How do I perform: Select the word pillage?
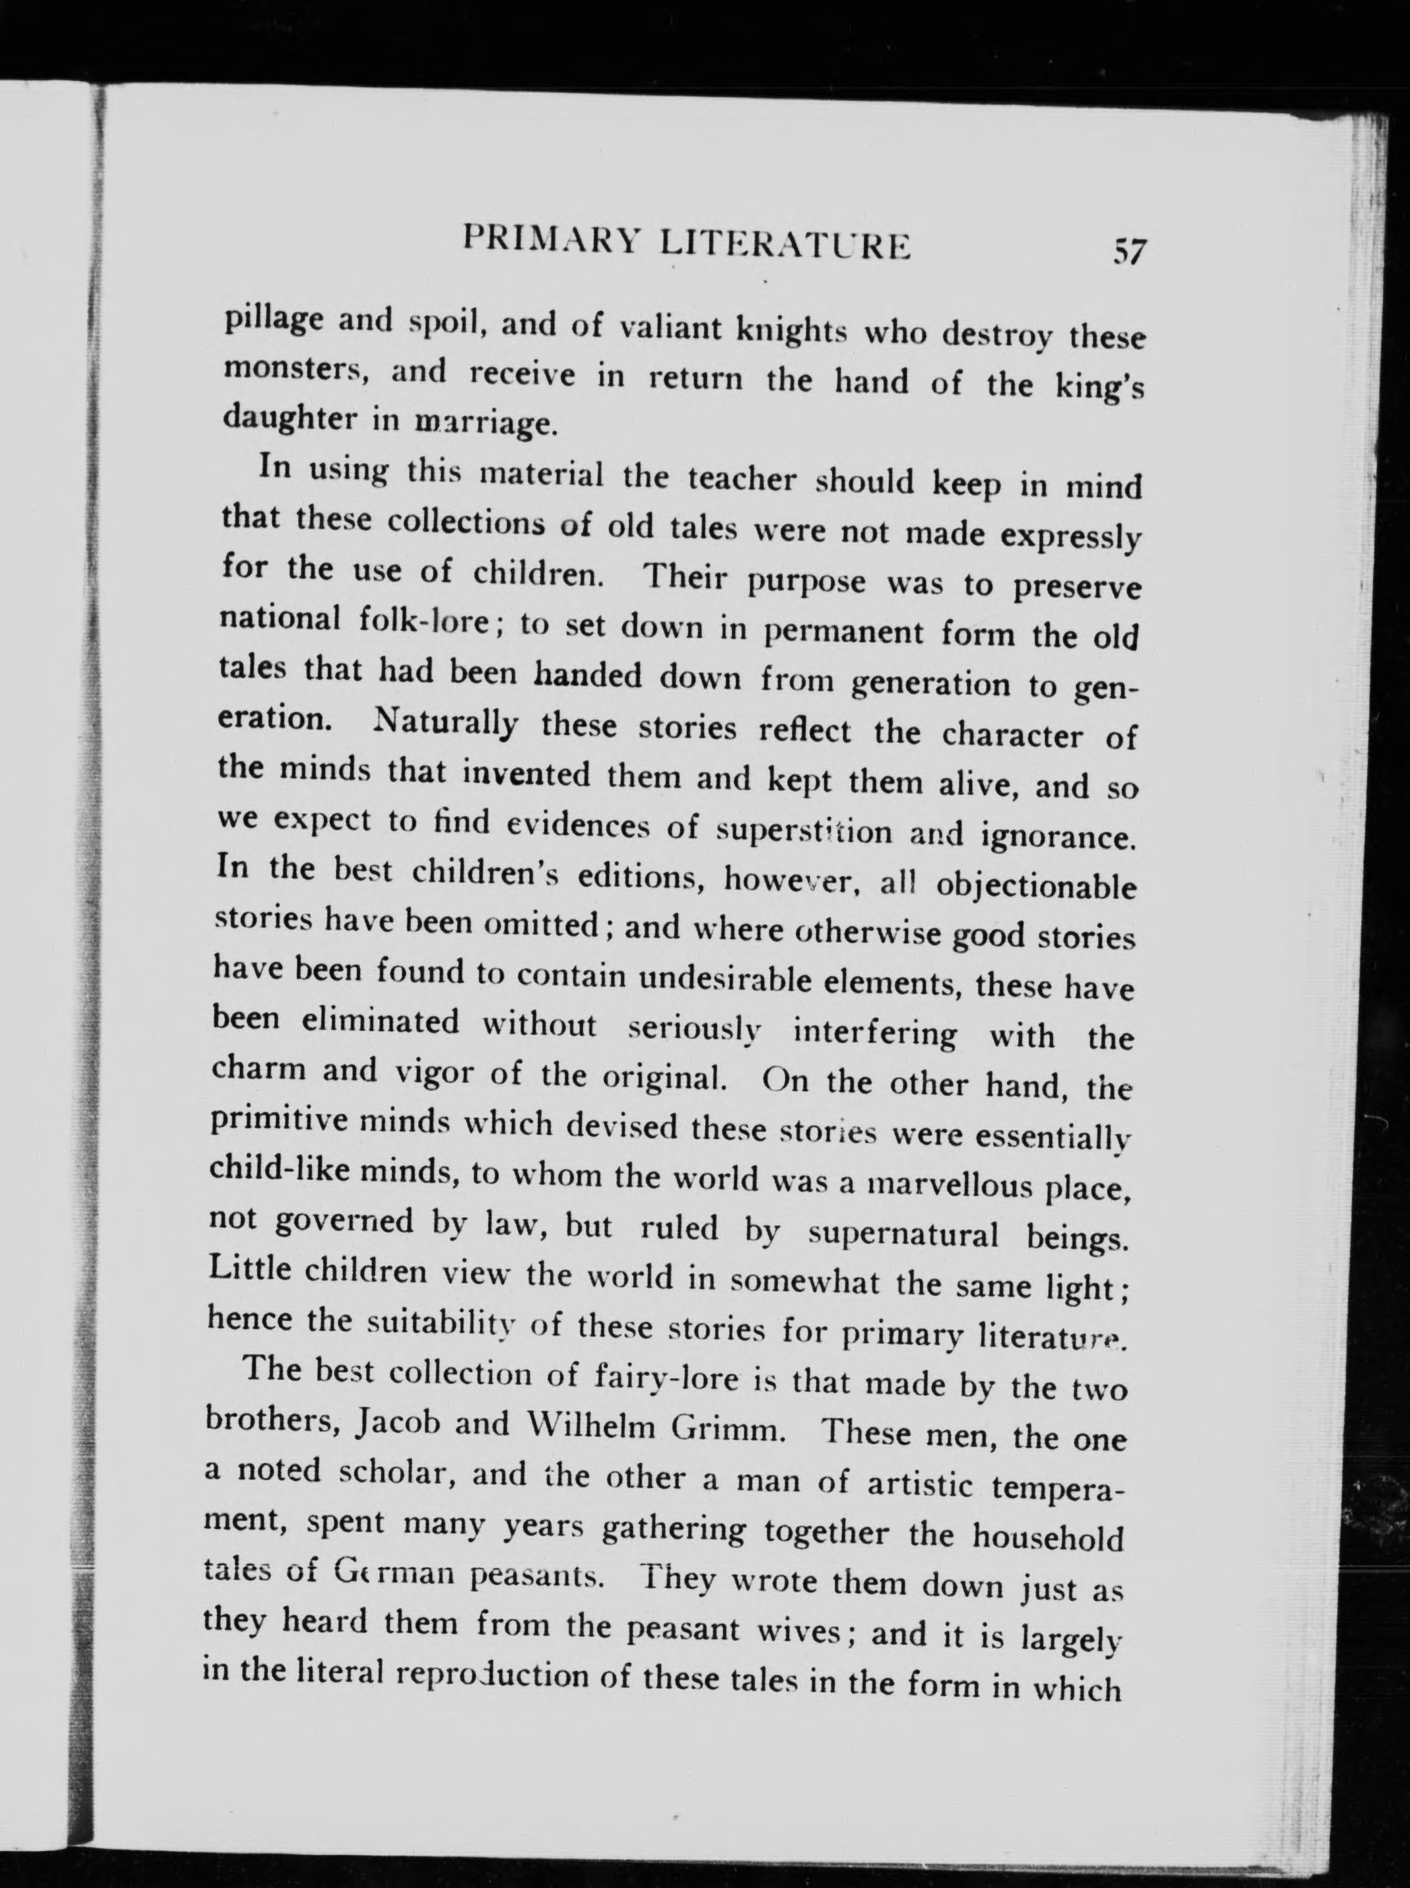(271, 323)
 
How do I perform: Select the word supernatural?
(904, 1233)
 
